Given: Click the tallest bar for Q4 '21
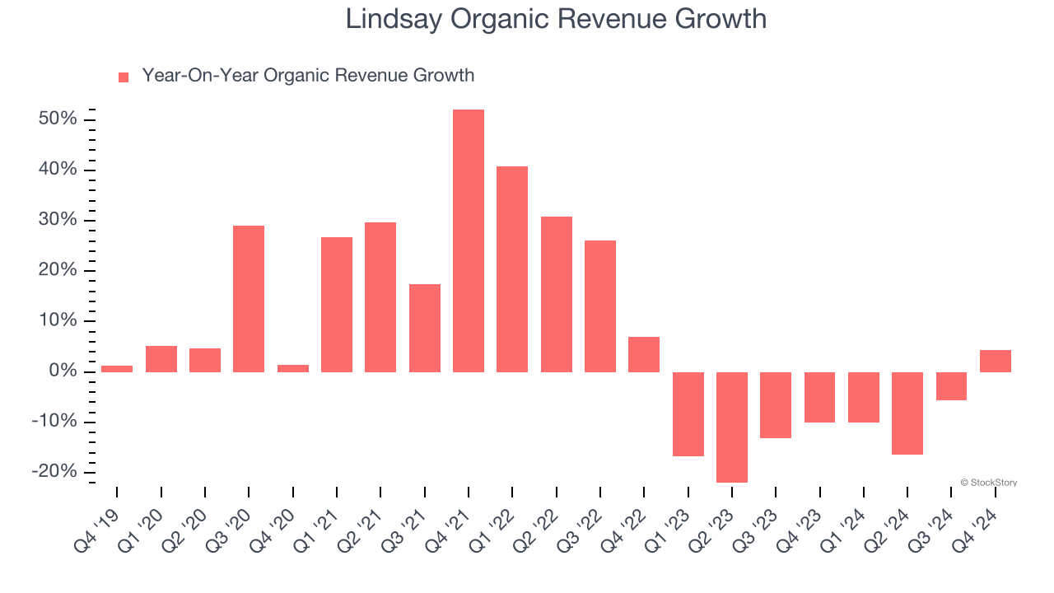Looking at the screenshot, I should pos(469,240).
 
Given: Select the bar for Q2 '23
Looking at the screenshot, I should pos(732,427).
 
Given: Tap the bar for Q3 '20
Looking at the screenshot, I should pos(249,298).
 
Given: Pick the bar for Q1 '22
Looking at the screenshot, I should pos(512,268).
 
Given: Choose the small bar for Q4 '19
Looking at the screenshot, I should pos(117,368).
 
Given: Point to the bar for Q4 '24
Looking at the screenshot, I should pos(995,361).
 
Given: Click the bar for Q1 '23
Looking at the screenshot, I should pos(688,413).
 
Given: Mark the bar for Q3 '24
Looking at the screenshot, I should pos(951,385).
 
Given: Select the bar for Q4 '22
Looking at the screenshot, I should pos(644,354).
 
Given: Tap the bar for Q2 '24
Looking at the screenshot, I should pos(907,413).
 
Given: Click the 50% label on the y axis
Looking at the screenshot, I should pos(58,119).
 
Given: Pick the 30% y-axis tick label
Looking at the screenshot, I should pos(58,220).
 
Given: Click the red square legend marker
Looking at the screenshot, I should pos(124,77).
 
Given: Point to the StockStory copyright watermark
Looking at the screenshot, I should pos(988,483).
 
